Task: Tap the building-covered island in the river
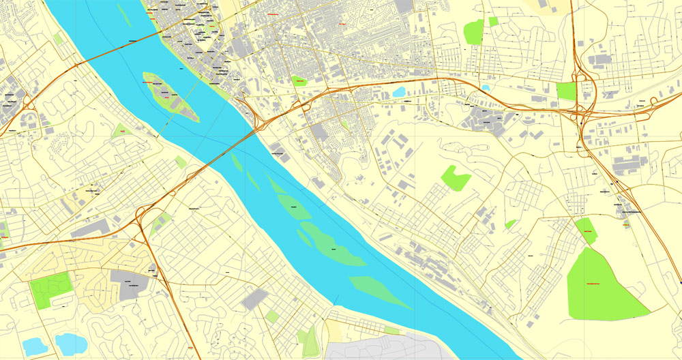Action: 169,95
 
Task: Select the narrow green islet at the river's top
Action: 123,14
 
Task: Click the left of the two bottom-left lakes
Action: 34,346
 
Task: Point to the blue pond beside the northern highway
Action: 399,91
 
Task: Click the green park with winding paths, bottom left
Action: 50,289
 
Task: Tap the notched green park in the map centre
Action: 456,178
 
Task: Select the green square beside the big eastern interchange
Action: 566,91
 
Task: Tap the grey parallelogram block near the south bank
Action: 255,299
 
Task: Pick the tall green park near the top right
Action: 473,32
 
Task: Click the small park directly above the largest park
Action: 586,231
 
